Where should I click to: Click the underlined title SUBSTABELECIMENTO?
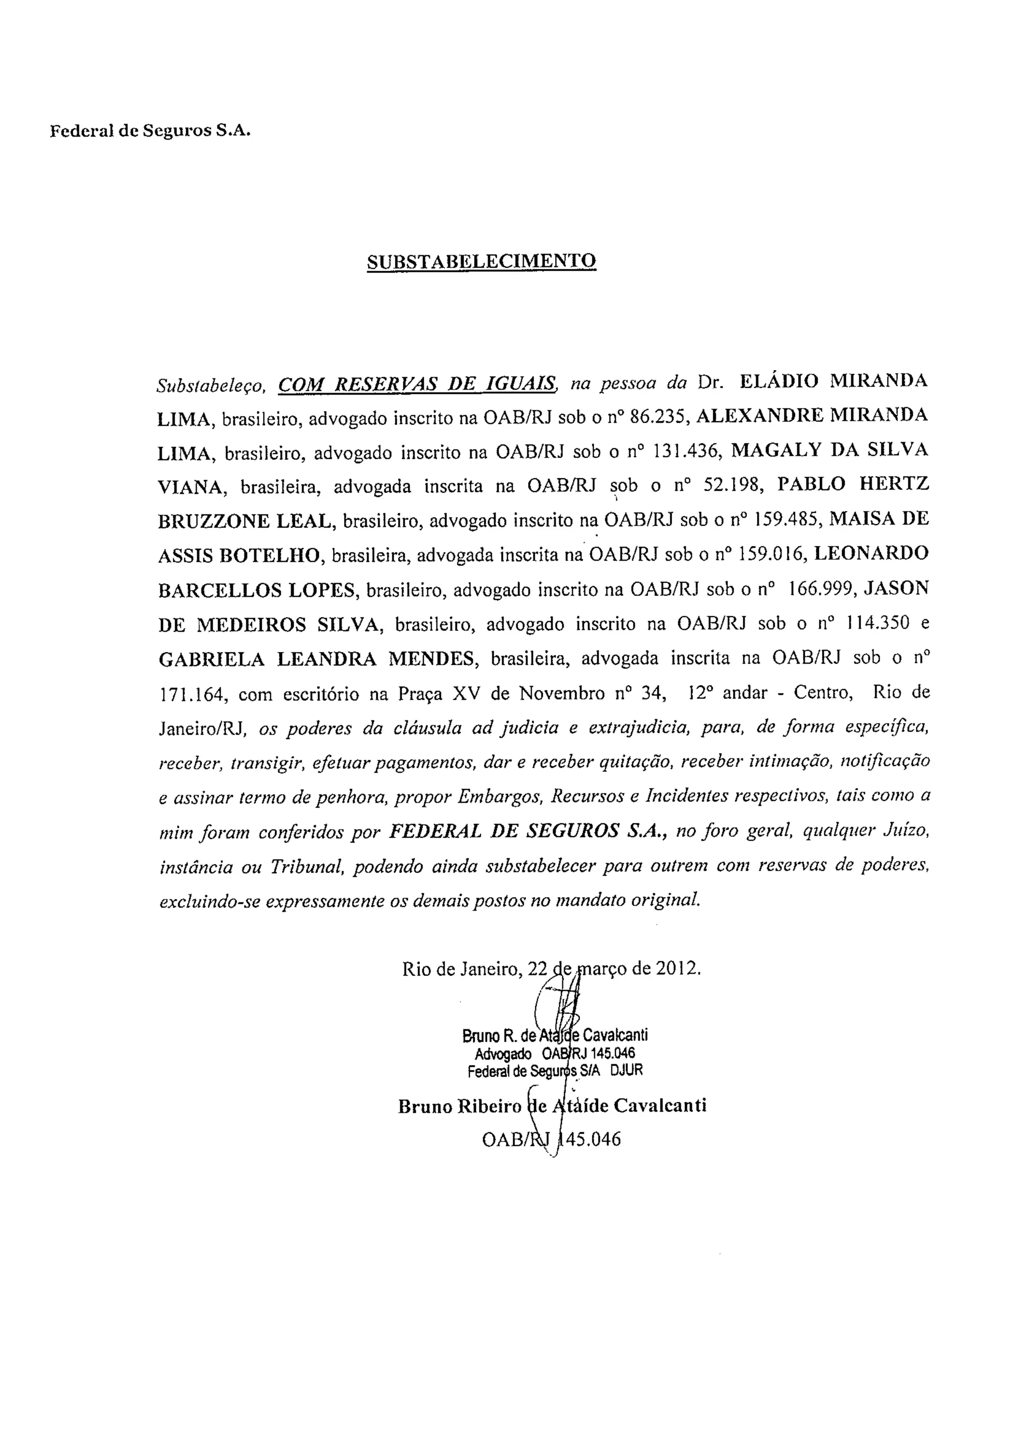(x=481, y=261)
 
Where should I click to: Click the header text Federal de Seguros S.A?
(x=150, y=132)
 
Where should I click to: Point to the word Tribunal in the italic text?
(x=306, y=867)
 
